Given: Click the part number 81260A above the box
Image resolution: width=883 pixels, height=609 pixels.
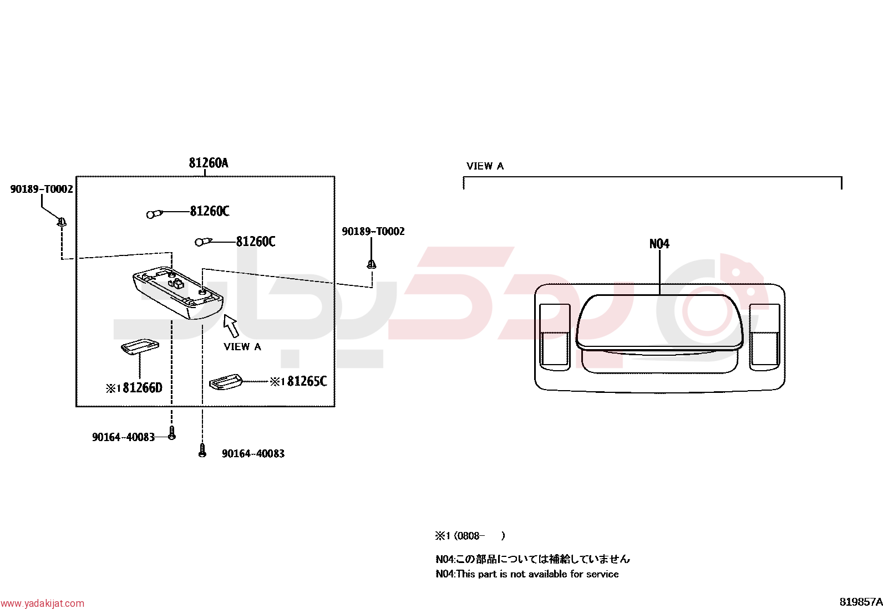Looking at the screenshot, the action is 209,163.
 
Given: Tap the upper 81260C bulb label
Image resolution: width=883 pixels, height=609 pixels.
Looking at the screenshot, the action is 209,211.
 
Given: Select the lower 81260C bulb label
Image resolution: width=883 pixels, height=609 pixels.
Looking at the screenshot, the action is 256,242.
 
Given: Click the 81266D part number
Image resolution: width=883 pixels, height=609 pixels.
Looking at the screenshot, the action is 143,388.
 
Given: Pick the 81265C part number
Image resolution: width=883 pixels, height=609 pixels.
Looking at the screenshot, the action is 307,381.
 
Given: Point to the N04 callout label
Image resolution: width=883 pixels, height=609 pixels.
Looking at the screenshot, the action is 659,244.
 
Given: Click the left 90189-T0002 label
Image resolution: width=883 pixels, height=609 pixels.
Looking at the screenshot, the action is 42,189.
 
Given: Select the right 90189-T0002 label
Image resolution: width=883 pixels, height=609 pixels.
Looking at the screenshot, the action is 373,231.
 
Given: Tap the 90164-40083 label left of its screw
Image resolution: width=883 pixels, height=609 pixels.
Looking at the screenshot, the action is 123,437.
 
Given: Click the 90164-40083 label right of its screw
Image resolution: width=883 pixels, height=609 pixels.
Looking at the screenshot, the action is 253,454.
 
